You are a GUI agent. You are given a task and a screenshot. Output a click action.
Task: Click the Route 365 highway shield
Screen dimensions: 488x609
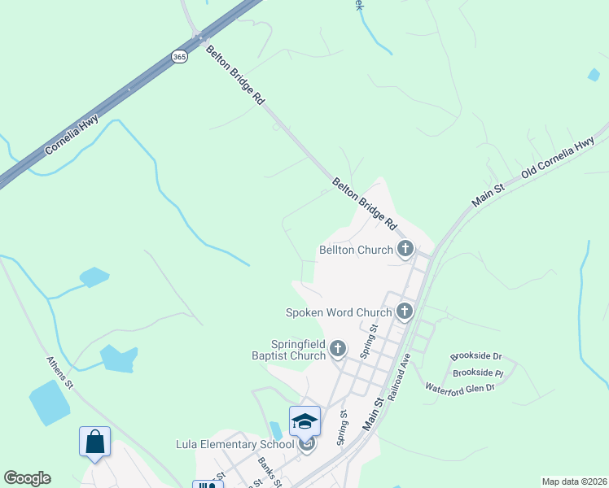(179, 56)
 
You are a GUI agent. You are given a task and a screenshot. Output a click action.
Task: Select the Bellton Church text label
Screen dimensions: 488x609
(357, 250)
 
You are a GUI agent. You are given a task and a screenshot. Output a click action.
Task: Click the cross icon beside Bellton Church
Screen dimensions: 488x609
(405, 250)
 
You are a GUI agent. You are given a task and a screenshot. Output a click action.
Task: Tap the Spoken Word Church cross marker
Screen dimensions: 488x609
(405, 312)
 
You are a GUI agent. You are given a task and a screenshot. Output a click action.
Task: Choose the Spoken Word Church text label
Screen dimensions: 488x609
(339, 312)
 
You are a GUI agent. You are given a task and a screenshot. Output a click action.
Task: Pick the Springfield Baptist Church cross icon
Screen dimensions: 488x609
(338, 350)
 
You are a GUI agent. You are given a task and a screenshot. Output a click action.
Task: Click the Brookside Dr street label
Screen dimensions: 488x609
(476, 357)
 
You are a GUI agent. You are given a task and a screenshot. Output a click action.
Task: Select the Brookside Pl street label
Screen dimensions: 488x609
(478, 373)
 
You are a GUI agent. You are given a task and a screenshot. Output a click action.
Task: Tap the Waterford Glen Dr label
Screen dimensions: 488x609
(460, 388)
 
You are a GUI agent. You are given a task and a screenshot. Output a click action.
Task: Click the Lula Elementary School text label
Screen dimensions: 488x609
(234, 444)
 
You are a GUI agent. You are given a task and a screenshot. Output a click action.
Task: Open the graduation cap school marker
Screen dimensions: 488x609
(305, 421)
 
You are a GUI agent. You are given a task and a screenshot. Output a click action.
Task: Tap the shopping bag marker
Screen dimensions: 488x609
(94, 442)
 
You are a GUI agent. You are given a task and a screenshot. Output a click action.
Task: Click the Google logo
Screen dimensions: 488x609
(27, 478)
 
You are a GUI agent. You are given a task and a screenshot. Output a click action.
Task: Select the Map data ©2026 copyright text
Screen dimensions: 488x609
(573, 481)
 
